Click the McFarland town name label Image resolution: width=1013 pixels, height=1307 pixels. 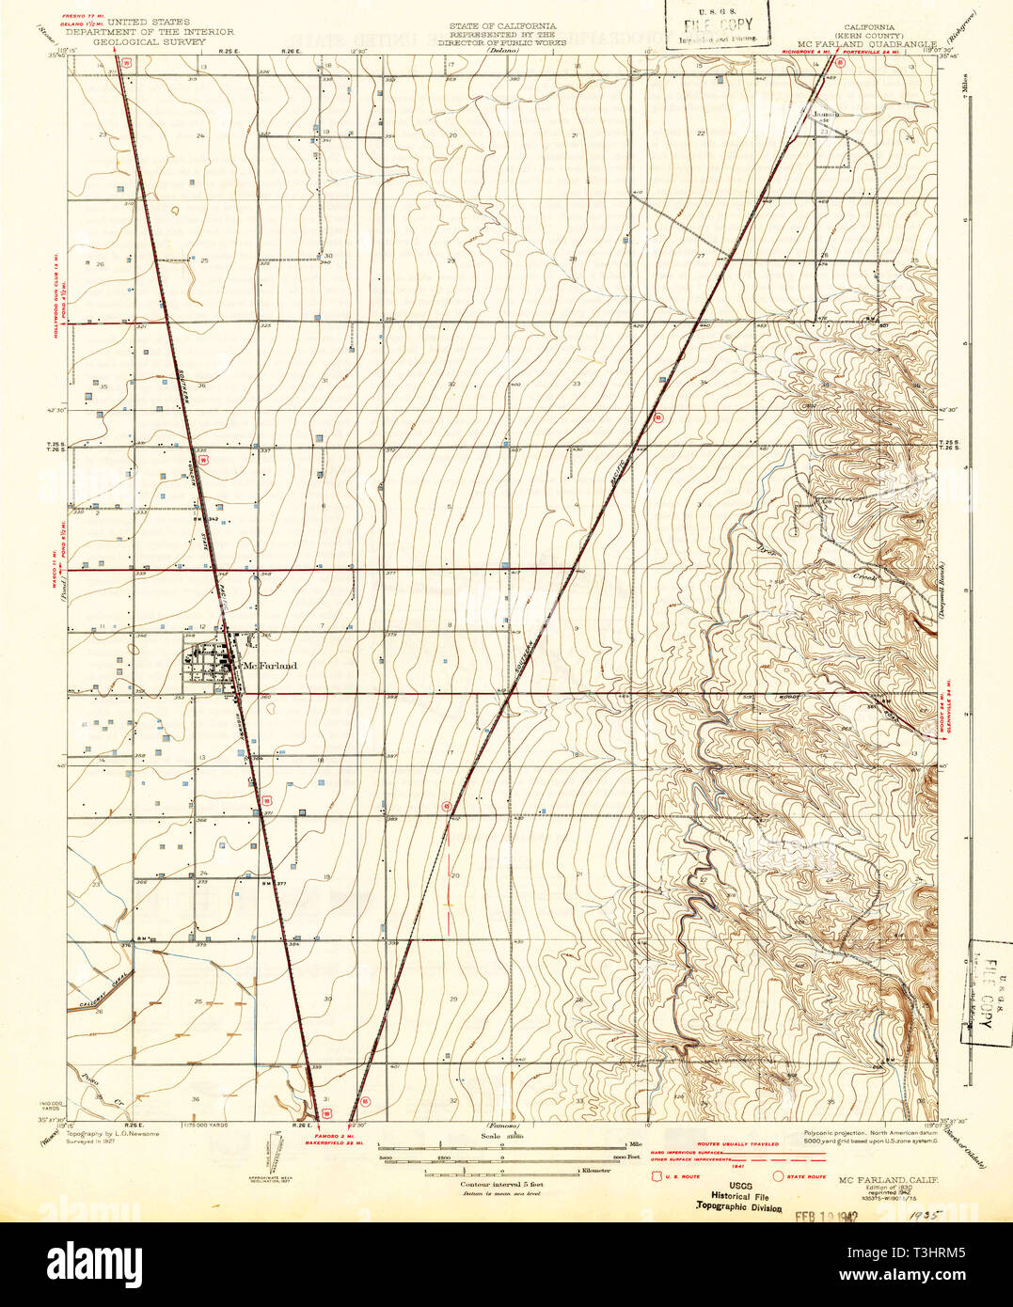pyautogui.click(x=270, y=666)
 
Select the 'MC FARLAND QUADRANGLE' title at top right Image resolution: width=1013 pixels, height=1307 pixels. pyautogui.click(x=866, y=43)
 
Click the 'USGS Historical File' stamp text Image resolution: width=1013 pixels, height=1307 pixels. pyautogui.click(x=738, y=1195)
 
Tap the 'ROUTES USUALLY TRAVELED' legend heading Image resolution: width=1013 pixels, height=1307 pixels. pyautogui.click(x=737, y=1144)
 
